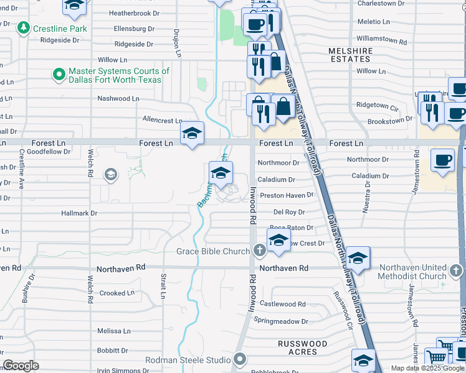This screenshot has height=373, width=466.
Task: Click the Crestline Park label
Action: [x=60, y=29]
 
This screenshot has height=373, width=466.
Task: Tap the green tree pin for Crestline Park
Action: [x=24, y=28]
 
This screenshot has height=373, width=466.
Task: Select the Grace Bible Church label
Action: [x=213, y=251]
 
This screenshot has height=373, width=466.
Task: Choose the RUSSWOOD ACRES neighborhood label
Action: [x=302, y=348]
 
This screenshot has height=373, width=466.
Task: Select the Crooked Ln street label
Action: [x=117, y=293]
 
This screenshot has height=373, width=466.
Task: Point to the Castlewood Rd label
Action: [x=283, y=304]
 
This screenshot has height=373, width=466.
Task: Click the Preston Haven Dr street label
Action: [x=287, y=195]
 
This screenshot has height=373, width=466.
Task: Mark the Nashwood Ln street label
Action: [x=118, y=99]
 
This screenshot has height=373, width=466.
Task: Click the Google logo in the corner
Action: [x=21, y=366]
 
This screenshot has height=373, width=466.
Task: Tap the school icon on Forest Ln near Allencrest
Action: [x=192, y=133]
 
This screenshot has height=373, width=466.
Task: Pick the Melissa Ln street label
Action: [x=113, y=331]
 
